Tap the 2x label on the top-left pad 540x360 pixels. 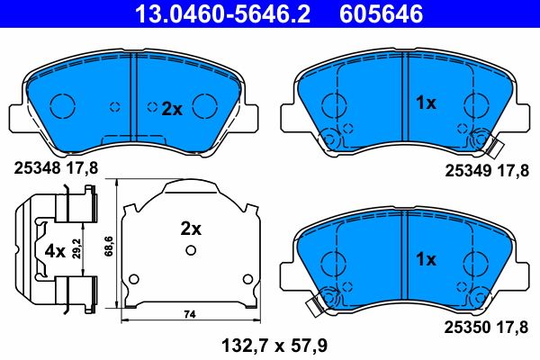(172, 109)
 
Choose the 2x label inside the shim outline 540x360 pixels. (190, 229)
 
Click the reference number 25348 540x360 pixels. (32, 166)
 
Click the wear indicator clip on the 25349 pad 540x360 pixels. (488, 140)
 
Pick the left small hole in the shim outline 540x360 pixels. (133, 276)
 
